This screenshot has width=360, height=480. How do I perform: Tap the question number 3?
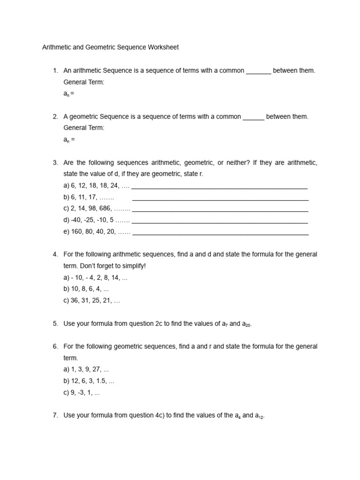click(55, 163)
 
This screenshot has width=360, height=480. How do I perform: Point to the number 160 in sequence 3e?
click(77, 232)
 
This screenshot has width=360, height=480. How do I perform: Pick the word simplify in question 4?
click(133, 266)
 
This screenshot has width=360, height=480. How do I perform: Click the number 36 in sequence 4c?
click(75, 300)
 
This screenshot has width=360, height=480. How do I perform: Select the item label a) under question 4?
click(66, 277)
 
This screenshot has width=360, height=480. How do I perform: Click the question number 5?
click(55, 323)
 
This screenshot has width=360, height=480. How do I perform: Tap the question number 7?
click(55, 415)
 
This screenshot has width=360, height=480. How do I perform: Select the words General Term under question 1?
click(84, 82)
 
